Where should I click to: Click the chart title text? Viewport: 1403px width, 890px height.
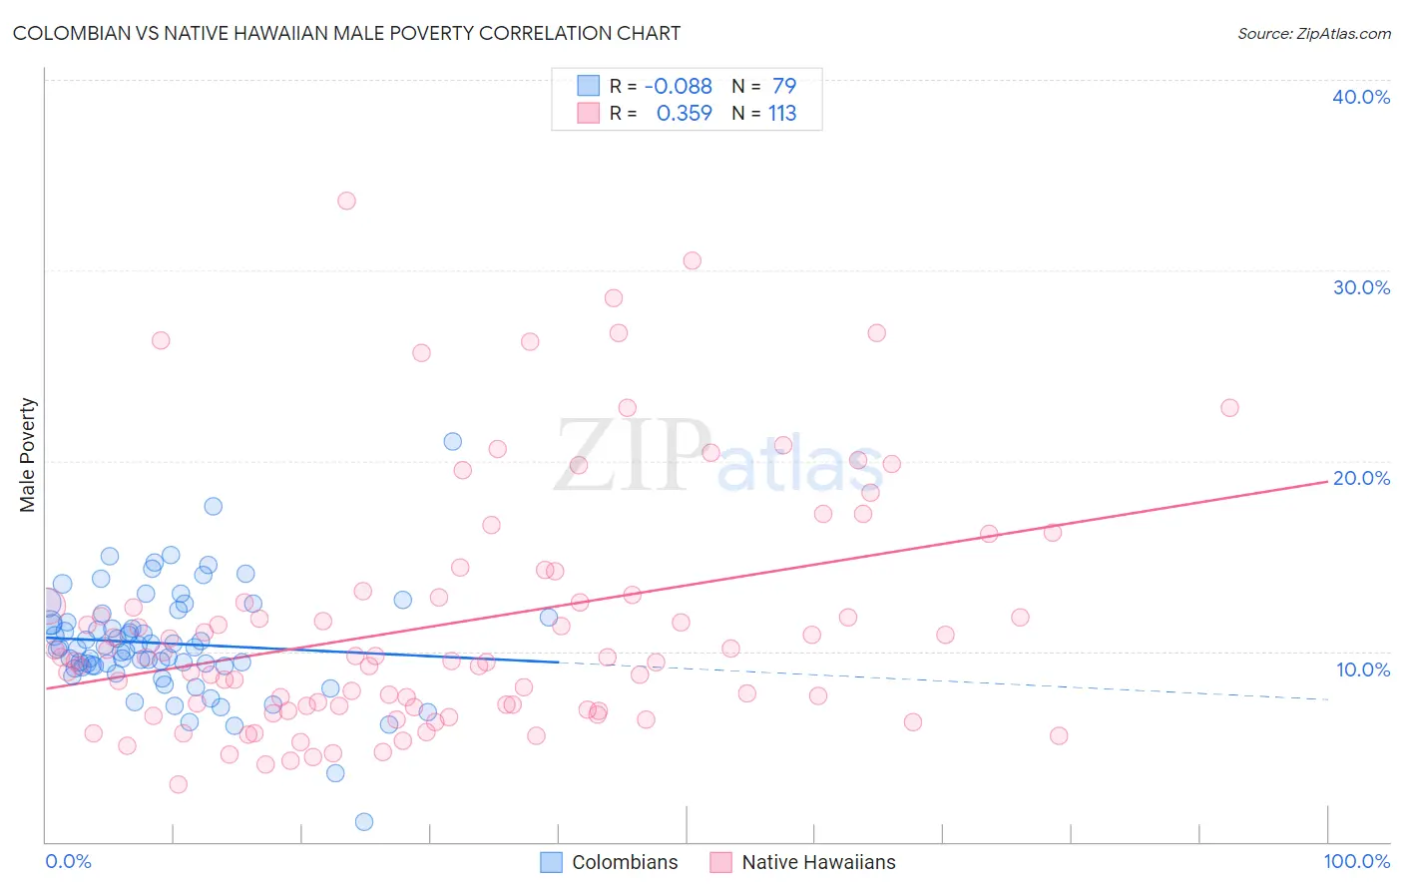tap(346, 33)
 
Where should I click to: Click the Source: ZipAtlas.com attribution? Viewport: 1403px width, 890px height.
tap(1313, 33)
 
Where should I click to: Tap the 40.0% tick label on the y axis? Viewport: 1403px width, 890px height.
tap(1360, 97)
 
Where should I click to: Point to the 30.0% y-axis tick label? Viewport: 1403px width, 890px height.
tap(1360, 287)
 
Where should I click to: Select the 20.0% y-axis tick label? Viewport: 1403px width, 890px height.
tap(1360, 478)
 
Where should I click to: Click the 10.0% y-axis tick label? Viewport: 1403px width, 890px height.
tap(1362, 669)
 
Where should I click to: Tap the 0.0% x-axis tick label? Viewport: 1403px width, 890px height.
tap(68, 861)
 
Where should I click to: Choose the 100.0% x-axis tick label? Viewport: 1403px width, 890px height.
tap(1356, 861)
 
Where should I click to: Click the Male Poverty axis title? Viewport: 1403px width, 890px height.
tap(28, 455)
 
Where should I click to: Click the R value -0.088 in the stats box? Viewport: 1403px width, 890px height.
tap(679, 87)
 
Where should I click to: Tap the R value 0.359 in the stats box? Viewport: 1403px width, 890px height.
tap(684, 114)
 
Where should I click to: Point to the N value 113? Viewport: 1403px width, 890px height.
tap(782, 114)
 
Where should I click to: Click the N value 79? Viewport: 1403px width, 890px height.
tap(784, 87)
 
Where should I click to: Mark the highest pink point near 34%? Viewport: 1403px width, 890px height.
tap(346, 201)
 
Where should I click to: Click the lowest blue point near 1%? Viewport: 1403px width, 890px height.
tap(364, 822)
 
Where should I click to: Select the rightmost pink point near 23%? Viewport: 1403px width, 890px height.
tap(1229, 408)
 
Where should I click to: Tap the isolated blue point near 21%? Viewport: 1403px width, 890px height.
tap(452, 441)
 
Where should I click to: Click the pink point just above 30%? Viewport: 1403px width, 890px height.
tap(692, 260)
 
